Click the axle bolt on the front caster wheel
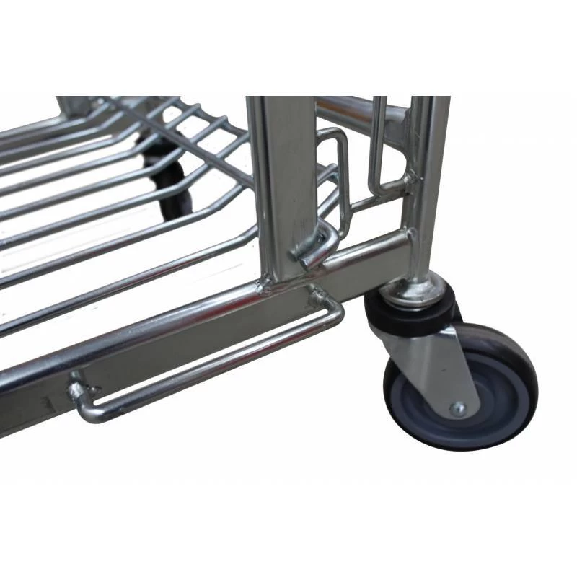[458, 409]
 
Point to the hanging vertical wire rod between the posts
[376, 144]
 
